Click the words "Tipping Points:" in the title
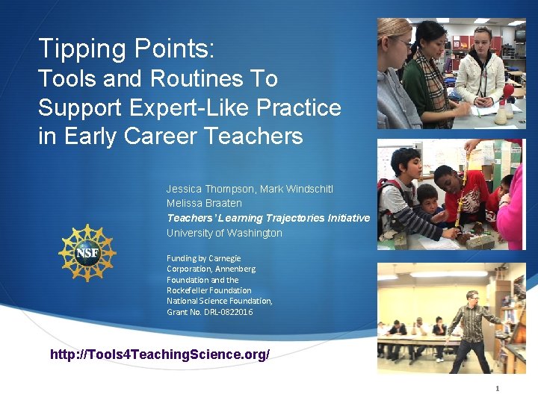pyautogui.click(x=126, y=49)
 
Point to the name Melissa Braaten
pyautogui.click(x=204, y=203)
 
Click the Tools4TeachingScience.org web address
pyautogui.click(x=159, y=354)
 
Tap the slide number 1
pyautogui.click(x=496, y=389)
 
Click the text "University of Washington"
pyautogui.click(x=224, y=233)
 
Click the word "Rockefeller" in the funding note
pyautogui.click(x=188, y=290)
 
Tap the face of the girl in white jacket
pyautogui.click(x=482, y=38)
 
